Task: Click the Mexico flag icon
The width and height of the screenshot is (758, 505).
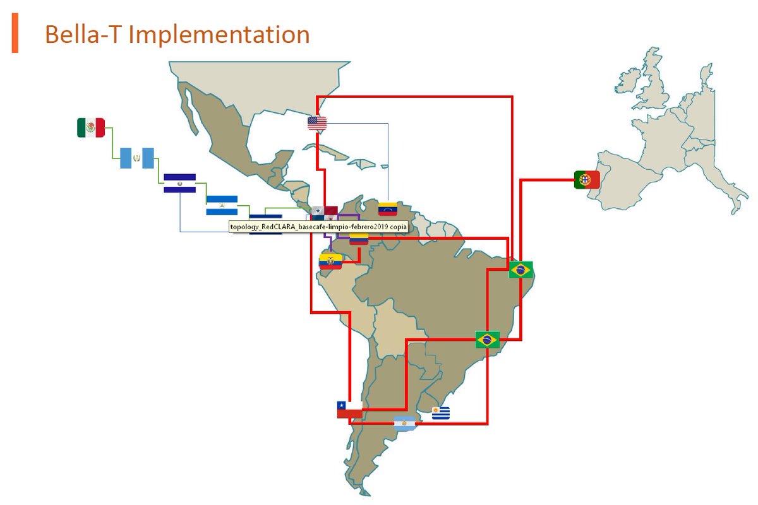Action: (x=90, y=128)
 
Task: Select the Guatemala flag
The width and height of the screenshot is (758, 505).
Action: (x=137, y=158)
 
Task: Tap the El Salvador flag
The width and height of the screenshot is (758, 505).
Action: (x=179, y=183)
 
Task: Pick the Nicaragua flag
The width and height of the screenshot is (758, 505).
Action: (x=222, y=205)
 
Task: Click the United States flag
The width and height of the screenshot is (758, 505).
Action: (x=317, y=123)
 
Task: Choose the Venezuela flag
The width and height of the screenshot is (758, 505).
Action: (x=387, y=209)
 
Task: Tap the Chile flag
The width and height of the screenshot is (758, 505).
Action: (x=349, y=410)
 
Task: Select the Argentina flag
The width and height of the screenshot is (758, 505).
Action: (x=405, y=424)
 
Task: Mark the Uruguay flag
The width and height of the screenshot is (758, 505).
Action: (x=441, y=413)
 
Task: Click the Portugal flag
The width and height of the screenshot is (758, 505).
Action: (x=587, y=180)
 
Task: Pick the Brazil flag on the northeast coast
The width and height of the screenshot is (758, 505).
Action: (x=521, y=270)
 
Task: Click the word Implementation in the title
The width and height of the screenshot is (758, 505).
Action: (x=219, y=35)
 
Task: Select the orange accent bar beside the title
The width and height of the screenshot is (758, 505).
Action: (x=15, y=35)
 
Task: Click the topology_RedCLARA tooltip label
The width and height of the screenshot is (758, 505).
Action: (x=318, y=227)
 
